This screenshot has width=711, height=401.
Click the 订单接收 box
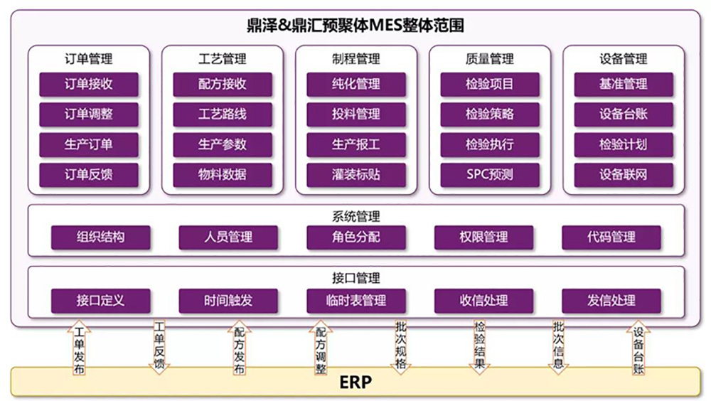pos(89,84)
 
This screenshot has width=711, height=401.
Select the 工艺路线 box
pos(223,114)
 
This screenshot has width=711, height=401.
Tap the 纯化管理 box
pos(356,84)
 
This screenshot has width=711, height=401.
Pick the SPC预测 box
pos(490,174)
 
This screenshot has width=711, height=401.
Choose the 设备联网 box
pos(624,174)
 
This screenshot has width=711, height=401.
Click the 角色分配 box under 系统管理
pos(356,237)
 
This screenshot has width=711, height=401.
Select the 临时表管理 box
pos(356,301)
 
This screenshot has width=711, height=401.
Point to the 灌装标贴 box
pos(356,174)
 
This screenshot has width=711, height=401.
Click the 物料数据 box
pos(223,174)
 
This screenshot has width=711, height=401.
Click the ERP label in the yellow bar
pos(355,383)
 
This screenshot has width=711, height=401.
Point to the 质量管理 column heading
pos(490,59)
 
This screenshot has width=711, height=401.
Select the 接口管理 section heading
pos(356,278)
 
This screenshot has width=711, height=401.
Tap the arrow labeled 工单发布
pos(79,348)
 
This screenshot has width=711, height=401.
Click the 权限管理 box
pos(483,237)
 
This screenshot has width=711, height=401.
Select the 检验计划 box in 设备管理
pos(624,144)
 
